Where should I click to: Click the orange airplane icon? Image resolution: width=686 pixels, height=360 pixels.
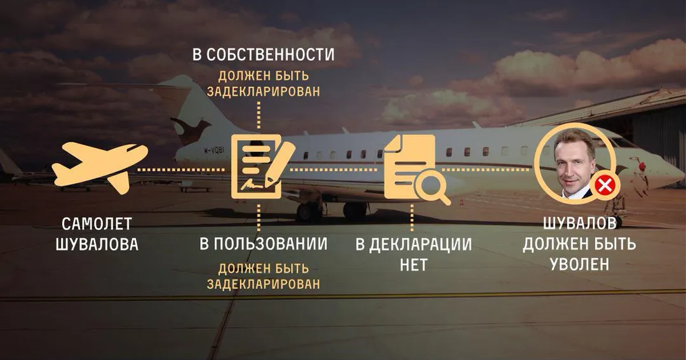tap(100, 167)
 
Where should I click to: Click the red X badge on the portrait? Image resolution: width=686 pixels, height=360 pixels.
tap(605, 186)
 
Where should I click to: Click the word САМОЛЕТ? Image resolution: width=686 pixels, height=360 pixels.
tap(97, 224)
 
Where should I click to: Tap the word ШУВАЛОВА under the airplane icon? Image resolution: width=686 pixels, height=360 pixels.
tap(97, 244)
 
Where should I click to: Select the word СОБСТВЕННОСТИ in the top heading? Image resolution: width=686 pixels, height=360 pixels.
tap(271, 55)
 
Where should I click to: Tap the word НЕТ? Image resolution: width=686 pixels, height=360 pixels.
tap(414, 265)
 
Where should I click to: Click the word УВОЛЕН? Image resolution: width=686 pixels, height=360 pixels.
tap(579, 264)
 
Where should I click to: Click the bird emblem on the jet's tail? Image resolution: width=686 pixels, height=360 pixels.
tap(191, 130)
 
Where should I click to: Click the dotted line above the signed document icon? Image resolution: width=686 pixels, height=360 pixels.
tap(259, 115)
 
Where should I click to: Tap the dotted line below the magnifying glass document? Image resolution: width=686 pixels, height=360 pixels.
tap(412, 218)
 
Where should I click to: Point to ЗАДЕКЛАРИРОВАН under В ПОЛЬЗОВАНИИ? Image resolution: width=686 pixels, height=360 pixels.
tap(264, 284)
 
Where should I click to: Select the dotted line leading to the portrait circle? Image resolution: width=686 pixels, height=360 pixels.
tap(486, 170)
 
